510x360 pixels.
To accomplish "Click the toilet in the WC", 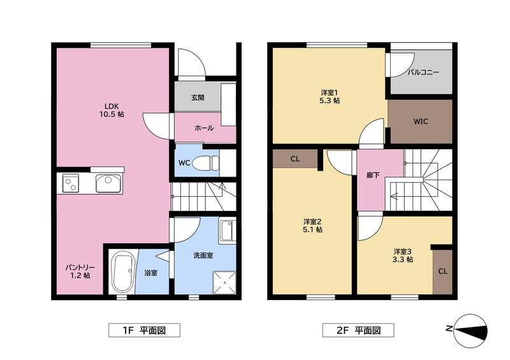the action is pos(206,162).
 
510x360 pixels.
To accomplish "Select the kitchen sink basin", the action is pos(108,184).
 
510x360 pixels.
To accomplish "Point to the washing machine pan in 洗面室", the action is pos(224,282).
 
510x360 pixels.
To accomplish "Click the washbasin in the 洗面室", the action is pos(228,231).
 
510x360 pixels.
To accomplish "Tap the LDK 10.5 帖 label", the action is pos(112,110).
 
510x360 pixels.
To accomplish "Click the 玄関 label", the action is pos(198,97).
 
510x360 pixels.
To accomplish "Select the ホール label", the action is pos(204,128).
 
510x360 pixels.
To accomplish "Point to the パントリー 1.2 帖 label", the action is pos(80,271).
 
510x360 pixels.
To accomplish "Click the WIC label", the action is pos(421,122).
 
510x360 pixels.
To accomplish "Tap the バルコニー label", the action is pos(423,72).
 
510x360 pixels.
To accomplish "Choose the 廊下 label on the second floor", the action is pos(373,175).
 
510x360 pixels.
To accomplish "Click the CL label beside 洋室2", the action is pos(295,159).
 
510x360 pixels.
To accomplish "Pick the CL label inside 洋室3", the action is pos(442,271).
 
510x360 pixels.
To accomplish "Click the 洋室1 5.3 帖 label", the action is pos(330,96).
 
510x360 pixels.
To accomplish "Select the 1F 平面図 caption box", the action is pos(144,331).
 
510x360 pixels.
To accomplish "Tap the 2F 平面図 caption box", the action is pos(358,331).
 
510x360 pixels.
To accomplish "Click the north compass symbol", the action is pos(470,331).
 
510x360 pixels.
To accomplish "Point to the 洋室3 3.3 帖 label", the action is pos(403,256).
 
